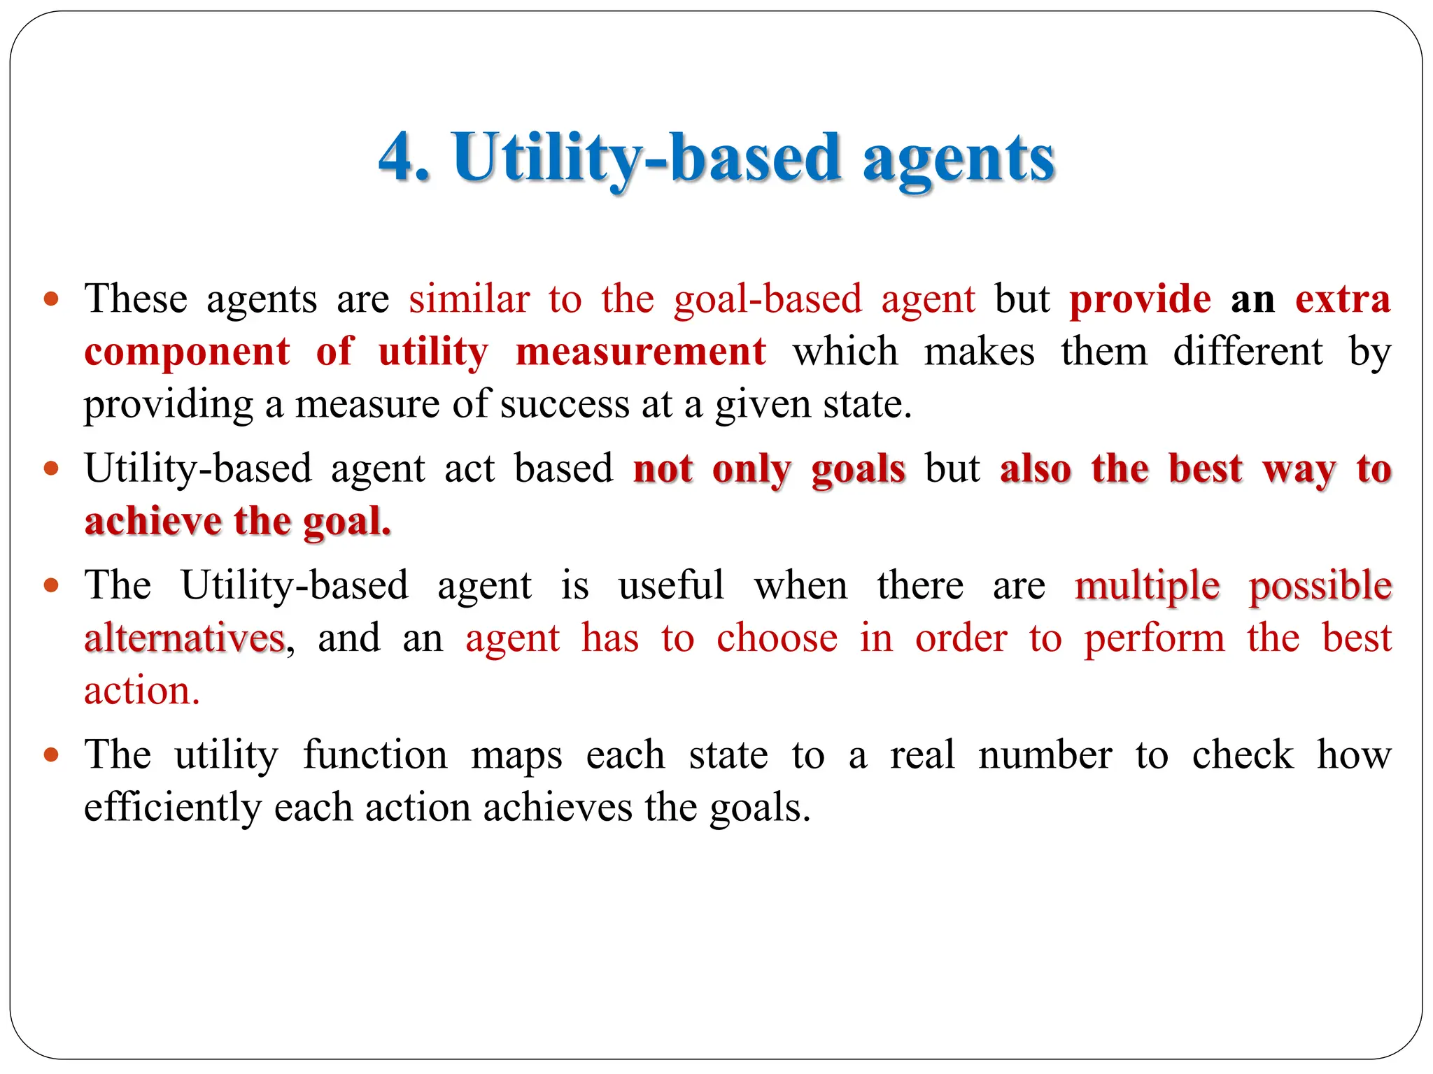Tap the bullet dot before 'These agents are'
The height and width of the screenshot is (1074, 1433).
point(51,300)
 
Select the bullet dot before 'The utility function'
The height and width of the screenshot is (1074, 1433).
point(51,755)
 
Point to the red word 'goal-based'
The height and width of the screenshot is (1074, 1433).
point(768,299)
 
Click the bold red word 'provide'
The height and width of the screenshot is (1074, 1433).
point(1141,299)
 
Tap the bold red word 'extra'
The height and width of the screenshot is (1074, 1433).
point(1343,299)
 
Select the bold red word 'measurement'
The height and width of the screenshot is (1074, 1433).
point(640,352)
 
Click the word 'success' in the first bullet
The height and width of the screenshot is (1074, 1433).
point(565,404)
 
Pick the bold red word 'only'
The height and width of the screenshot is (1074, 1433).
point(752,469)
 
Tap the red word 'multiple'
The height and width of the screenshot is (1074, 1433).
point(1148,585)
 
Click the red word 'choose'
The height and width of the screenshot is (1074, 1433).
point(777,638)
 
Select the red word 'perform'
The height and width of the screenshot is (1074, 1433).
point(1155,638)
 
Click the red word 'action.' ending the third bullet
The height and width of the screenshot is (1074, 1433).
point(142,691)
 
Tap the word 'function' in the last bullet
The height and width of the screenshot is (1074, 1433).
point(375,755)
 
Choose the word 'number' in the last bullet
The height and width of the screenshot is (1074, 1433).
point(1045,755)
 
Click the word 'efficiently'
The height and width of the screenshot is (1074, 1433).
point(172,808)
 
